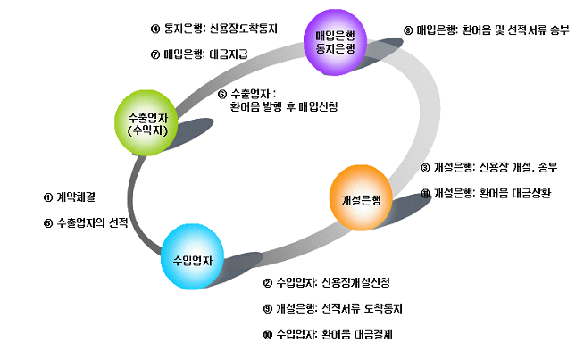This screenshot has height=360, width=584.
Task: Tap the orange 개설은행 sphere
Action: (361, 198)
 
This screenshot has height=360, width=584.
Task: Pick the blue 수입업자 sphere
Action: (191, 261)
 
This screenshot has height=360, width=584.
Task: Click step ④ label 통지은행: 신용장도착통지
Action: (214, 29)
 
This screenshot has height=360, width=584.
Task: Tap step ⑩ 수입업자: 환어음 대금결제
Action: (330, 335)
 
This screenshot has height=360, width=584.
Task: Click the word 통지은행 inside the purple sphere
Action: (335, 47)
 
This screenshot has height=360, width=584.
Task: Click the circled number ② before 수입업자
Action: (268, 283)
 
